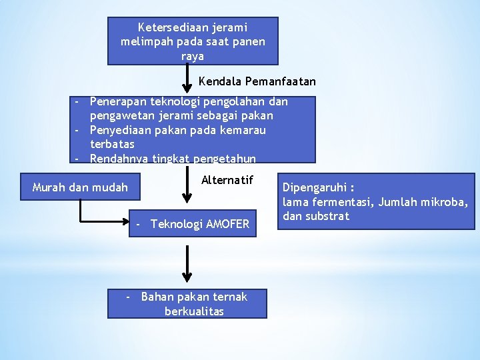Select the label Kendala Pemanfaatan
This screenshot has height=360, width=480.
[257, 81]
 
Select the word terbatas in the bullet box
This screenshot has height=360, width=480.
[112, 144]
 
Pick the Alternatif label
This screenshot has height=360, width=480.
[227, 179]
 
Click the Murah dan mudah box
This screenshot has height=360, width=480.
[80, 187]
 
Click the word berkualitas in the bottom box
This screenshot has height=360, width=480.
[194, 311]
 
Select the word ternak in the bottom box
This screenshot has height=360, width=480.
[231, 297]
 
